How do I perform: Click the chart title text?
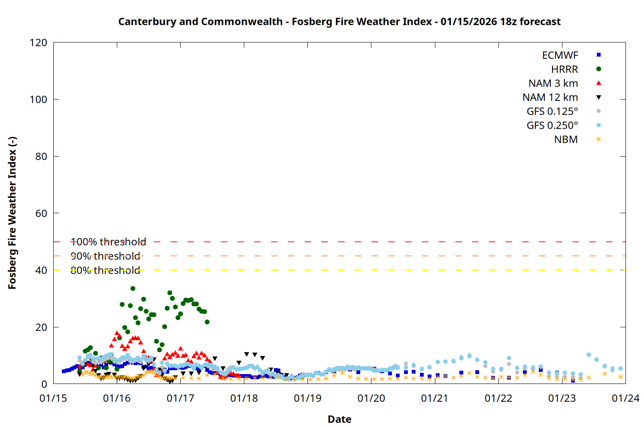pos(339,21)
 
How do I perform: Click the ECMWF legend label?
pos(560,55)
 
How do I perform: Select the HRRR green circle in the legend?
pos(598,69)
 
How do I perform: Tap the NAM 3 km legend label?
pos(553,83)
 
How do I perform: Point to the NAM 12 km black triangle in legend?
pos(598,97)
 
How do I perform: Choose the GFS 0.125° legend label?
pos(552,112)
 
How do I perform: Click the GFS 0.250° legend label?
pos(552,126)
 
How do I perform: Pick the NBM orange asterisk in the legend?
pos(598,139)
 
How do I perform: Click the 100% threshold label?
pos(108,242)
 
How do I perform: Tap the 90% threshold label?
pos(105,256)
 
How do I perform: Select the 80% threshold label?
pos(105,270)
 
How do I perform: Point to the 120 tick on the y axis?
pos(39,42)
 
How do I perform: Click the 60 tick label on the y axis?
pos(41,213)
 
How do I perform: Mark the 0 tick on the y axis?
pos(44,384)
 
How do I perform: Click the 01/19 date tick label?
pos(307,399)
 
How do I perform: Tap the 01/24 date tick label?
pos(625,399)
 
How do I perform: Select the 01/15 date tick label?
pos(53,399)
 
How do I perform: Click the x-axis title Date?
pos(339,419)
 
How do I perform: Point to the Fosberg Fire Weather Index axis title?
pos(12,213)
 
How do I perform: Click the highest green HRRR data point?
pos(133,288)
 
